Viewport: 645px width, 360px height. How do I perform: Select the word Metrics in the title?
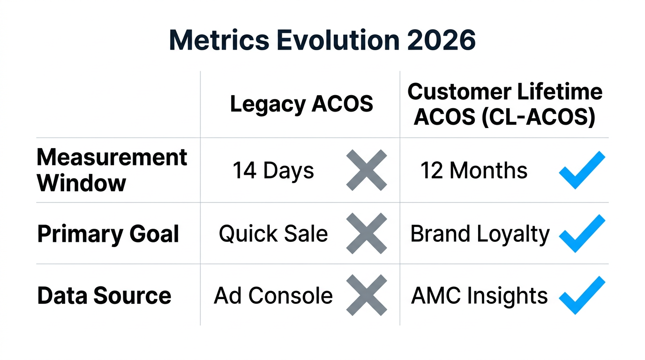pos(219,41)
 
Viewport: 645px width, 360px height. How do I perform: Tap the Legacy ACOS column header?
pos(301,104)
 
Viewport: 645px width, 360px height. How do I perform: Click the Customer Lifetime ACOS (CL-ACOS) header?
pos(505,105)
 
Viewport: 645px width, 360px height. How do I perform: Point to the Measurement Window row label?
pos(112,170)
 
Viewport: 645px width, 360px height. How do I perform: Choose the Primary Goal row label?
pos(108,233)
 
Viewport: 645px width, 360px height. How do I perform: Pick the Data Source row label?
pos(104,296)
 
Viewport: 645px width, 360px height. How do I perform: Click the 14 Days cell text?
pos(273,171)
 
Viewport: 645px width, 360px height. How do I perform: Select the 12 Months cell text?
pos(473,171)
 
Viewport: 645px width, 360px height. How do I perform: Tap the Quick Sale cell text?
pos(273,234)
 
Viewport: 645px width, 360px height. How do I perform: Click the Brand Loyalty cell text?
pos(480,234)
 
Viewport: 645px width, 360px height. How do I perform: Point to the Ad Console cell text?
pos(273,296)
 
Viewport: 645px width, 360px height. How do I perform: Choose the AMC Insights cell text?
pos(479,296)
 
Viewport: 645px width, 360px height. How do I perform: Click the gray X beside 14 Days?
pos(367,170)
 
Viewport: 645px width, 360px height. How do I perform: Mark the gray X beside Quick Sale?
pos(367,233)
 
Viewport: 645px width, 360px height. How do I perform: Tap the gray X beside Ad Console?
pos(367,295)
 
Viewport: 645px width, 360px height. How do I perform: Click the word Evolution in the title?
pos(336,41)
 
